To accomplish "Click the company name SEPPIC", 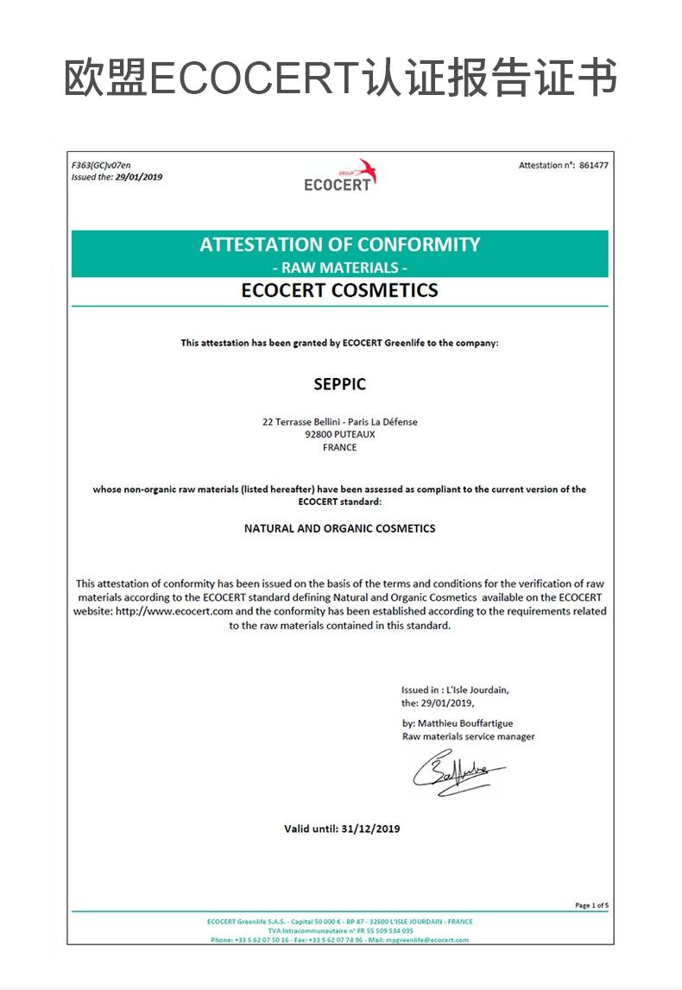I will (339, 384).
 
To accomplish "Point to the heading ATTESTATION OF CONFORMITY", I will (339, 244).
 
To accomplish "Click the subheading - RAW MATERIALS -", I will (339, 268).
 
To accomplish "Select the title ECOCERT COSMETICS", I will (339, 291).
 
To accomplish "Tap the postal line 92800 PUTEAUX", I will (340, 435).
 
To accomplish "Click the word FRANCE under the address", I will (339, 448).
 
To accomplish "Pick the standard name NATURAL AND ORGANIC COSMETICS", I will (339, 528).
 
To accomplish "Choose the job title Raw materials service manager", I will (468, 736).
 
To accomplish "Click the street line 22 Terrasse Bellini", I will (301, 422).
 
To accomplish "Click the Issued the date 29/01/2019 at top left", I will (138, 177).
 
